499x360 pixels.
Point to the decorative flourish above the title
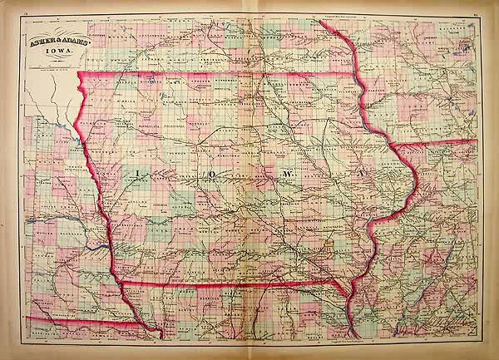(51, 34)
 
